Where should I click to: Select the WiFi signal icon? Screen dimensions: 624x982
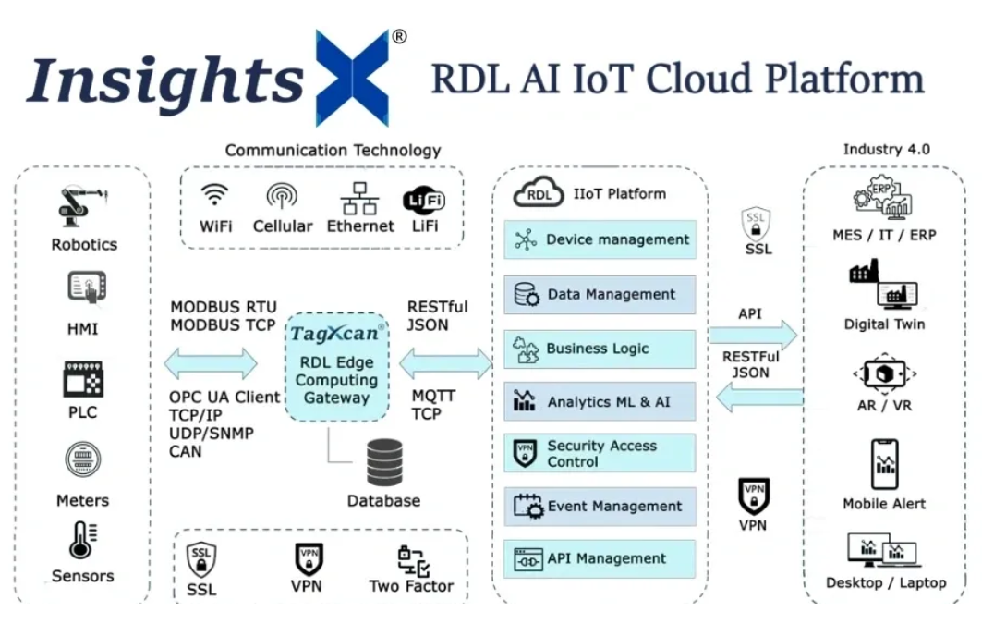[215, 196]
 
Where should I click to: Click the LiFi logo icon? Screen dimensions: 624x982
[424, 200]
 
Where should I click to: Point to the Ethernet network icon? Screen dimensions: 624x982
[359, 198]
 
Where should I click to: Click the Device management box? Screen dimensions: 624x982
[600, 240]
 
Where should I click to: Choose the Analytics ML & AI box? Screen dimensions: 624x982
[600, 401]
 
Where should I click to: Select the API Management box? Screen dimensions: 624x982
[600, 559]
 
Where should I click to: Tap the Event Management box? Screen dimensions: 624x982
[600, 507]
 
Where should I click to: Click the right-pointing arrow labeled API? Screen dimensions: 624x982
[753, 334]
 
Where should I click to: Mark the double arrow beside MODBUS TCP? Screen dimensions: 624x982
[211, 363]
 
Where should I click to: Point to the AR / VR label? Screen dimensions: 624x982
[883, 405]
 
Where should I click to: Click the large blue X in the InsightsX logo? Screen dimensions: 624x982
[353, 78]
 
